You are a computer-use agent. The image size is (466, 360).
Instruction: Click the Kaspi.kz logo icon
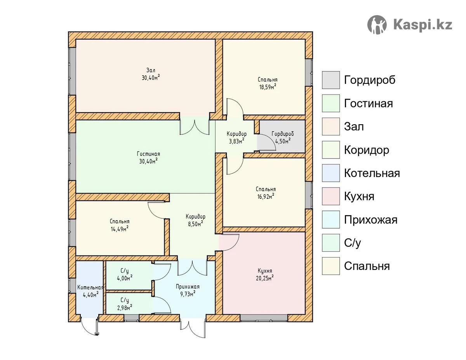click(377, 24)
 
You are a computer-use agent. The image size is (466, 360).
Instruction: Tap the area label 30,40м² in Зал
click(151, 77)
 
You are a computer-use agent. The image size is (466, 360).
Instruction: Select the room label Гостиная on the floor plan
click(148, 154)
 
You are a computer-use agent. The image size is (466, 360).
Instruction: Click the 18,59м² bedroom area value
click(267, 87)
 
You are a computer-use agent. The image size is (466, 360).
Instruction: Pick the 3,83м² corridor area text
click(236, 141)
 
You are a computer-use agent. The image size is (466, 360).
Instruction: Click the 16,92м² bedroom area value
click(266, 197)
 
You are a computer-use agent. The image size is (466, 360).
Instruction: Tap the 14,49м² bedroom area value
click(120, 229)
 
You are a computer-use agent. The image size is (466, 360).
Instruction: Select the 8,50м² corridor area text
click(195, 224)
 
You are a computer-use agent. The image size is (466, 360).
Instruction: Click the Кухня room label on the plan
click(265, 271)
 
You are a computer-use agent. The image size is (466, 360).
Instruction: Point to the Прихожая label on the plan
click(188, 287)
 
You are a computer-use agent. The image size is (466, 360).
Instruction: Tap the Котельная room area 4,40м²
click(90, 295)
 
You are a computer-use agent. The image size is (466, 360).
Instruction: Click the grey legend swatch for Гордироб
click(331, 80)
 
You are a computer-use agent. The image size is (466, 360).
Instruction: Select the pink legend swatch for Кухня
click(331, 196)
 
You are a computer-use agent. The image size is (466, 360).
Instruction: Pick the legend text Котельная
click(372, 173)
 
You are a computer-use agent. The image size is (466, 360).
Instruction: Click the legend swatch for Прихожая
click(331, 219)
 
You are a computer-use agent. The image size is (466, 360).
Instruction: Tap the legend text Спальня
click(367, 266)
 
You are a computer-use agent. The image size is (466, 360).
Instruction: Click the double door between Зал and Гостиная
click(195, 127)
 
